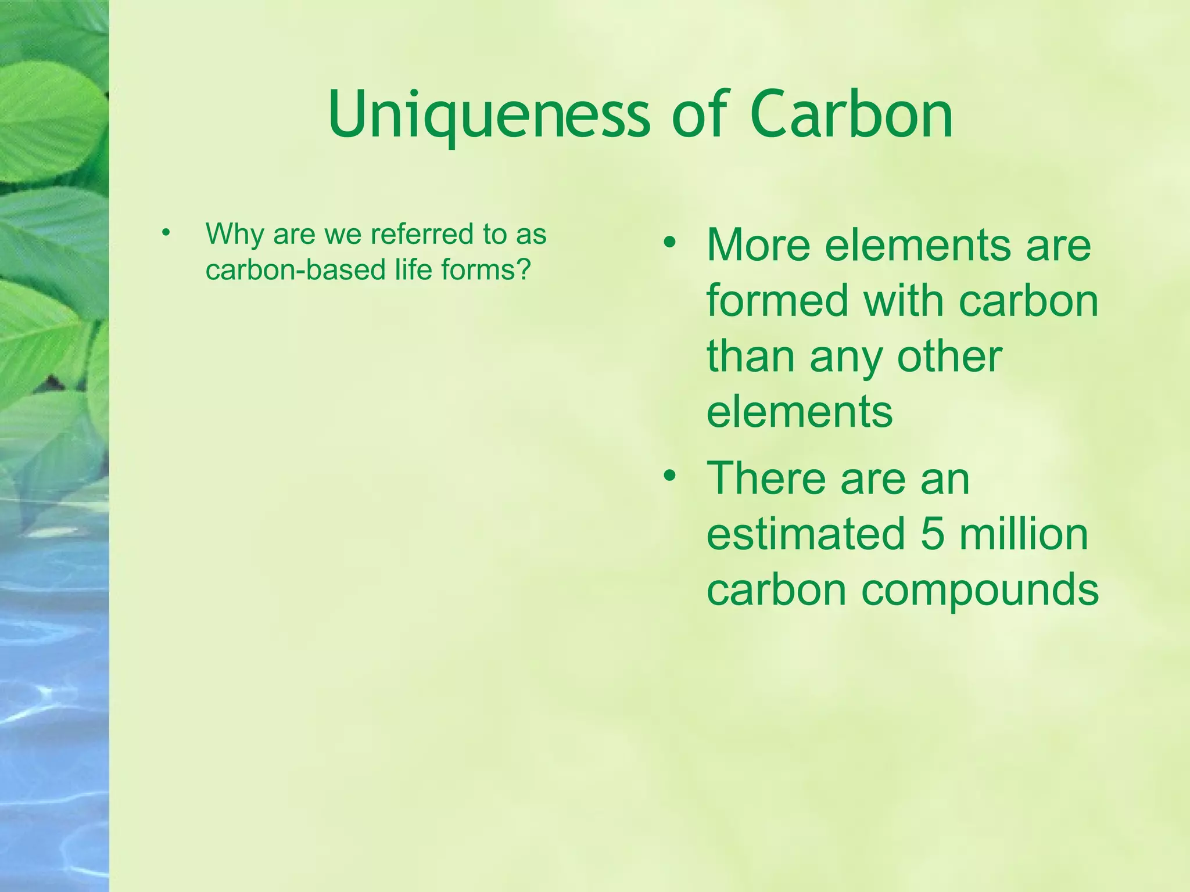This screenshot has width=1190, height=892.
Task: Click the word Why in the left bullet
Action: click(235, 235)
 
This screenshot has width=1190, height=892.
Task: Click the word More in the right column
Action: click(758, 245)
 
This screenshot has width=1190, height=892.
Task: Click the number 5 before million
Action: click(932, 534)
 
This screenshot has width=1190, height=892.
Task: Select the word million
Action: click(1024, 534)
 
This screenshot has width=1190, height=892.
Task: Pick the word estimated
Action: click(805, 534)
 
